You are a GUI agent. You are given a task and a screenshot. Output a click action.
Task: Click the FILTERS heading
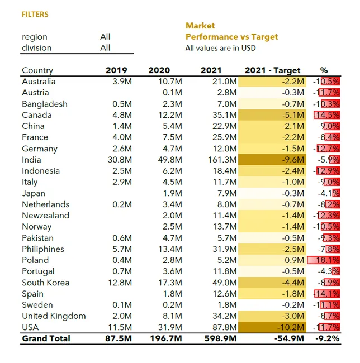click(x=35, y=15)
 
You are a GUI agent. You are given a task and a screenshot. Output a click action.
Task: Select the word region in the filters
click(x=34, y=37)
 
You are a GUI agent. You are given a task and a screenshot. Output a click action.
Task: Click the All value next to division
click(x=105, y=48)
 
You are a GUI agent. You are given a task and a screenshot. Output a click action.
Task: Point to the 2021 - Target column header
click(x=273, y=70)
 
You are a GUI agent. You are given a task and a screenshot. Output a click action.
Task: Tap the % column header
click(x=324, y=70)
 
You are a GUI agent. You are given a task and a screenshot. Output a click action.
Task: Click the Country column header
click(x=37, y=70)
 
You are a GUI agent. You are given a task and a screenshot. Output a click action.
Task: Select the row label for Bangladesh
click(x=45, y=104)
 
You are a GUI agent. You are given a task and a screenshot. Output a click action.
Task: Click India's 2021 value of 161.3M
click(x=222, y=160)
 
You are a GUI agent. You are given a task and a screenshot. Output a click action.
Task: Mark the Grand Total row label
click(x=46, y=338)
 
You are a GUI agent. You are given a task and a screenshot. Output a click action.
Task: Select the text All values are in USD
click(x=220, y=48)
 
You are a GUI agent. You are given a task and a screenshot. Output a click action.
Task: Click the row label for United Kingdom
click(x=54, y=316)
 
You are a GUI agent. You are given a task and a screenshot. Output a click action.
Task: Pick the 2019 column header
click(x=116, y=70)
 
